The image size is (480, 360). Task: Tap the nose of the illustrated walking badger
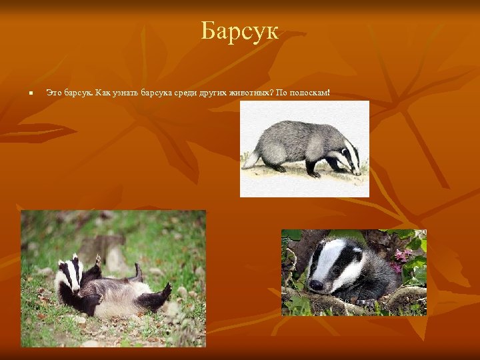[x=360, y=173]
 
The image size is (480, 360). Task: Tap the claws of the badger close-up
[x=364, y=303]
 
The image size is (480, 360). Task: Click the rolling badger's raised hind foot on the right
[x=163, y=291]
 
